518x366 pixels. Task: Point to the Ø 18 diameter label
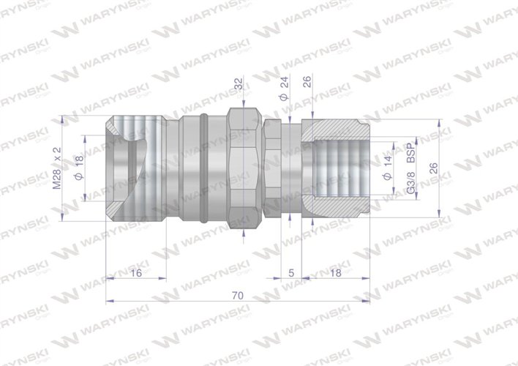click(x=78, y=168)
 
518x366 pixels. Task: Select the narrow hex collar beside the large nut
click(x=271, y=168)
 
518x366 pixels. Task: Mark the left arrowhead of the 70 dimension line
click(x=109, y=301)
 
